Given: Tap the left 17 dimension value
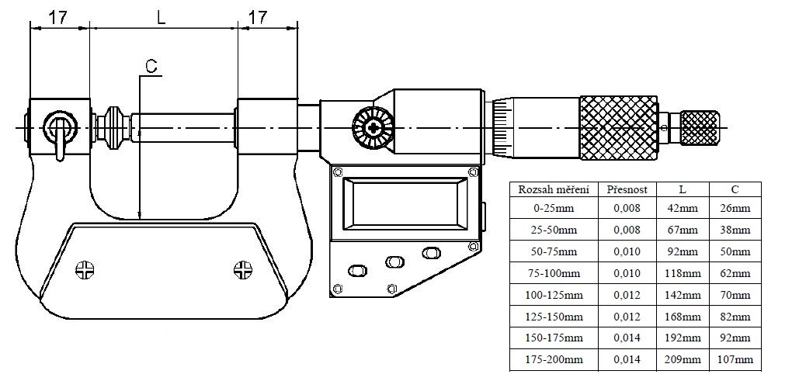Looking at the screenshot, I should coord(58,16).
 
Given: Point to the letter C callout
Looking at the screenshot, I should coord(151,67).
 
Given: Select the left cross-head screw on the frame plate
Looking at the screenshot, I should coord(84,270).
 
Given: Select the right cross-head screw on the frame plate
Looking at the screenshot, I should coord(243,270).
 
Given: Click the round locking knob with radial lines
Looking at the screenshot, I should coord(370,127).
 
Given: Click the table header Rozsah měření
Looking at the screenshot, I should coord(554,189).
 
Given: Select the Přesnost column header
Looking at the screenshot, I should coord(627,189).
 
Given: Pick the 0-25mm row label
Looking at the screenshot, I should coord(554,209).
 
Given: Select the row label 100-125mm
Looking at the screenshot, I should coord(554,296).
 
